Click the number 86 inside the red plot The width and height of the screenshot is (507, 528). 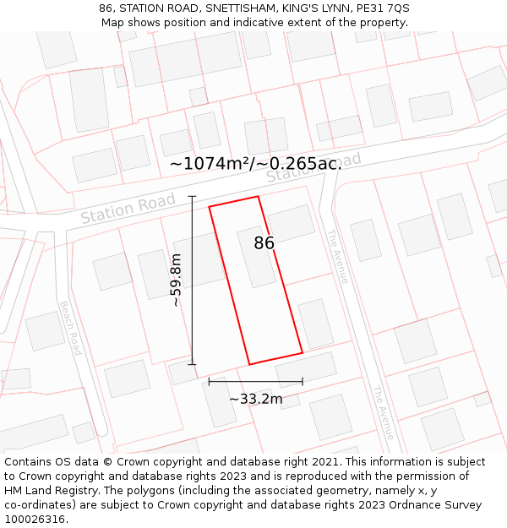click(264, 243)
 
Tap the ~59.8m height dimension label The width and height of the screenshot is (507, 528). click(176, 280)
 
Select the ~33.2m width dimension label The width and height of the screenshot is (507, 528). click(255, 399)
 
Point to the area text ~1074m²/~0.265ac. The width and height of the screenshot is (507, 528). click(256, 164)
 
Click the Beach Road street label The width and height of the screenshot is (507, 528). click(69, 328)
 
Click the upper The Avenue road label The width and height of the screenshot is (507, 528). click(337, 256)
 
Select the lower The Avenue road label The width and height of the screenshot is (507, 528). click(383, 413)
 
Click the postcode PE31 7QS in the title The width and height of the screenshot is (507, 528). click(382, 8)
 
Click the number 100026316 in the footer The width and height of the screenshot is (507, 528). click(36, 520)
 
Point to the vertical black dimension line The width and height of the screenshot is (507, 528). click(192, 280)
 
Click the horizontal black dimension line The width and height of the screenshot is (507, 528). click(255, 382)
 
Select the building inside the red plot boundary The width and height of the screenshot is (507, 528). click(256, 257)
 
